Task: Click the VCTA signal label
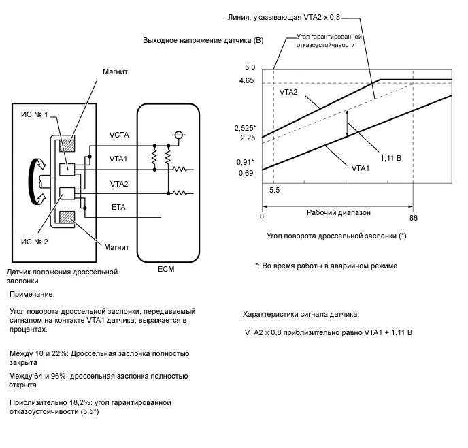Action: click(x=120, y=135)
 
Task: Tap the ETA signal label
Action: click(x=118, y=206)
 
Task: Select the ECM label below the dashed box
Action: click(x=165, y=269)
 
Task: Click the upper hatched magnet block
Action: click(x=67, y=144)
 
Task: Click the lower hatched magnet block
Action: click(x=67, y=217)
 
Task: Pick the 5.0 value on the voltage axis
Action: click(x=249, y=68)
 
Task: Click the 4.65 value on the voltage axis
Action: click(x=247, y=80)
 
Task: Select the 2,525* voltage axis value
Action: click(x=244, y=128)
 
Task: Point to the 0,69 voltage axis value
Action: click(x=246, y=174)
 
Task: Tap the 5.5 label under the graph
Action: click(x=275, y=191)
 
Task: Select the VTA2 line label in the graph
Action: click(x=289, y=91)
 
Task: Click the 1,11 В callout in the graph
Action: click(x=390, y=157)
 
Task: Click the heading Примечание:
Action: click(x=32, y=295)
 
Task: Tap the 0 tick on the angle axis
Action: click(x=262, y=217)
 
